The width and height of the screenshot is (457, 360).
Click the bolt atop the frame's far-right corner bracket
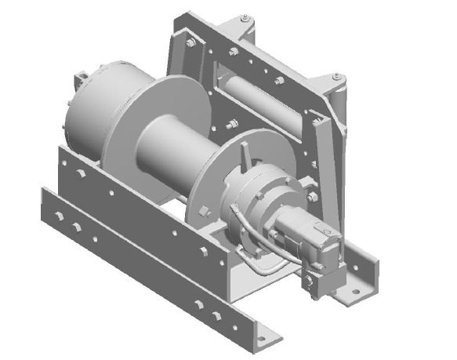coord(337,76)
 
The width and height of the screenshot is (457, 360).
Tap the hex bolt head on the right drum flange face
coord(205,210)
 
